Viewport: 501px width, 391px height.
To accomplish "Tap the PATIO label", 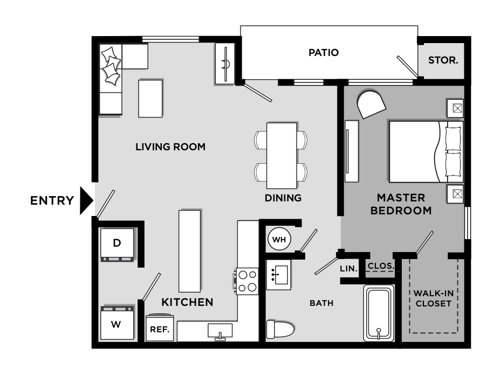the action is pos(324,53).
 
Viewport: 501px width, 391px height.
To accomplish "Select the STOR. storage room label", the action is pos(443,60).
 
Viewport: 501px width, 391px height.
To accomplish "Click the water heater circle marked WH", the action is pos(279,239).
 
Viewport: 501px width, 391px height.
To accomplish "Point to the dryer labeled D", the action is pos(117,244).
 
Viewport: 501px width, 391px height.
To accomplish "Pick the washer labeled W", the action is pos(116,324).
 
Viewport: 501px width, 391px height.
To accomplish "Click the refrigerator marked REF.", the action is pos(160,328).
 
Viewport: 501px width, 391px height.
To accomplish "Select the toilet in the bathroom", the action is pos(280,328).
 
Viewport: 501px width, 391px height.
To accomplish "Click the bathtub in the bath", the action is pos(379,312).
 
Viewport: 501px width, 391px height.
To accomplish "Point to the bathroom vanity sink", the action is pos(278,274).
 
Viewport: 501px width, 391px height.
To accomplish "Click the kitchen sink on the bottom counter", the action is pos(220,330).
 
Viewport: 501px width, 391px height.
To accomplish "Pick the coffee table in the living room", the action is pos(150,98).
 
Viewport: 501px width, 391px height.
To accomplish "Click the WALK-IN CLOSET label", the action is pos(433,298).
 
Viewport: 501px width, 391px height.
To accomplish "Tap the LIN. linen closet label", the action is pos(346,268).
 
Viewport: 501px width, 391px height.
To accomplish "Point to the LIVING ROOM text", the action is pos(170,146).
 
